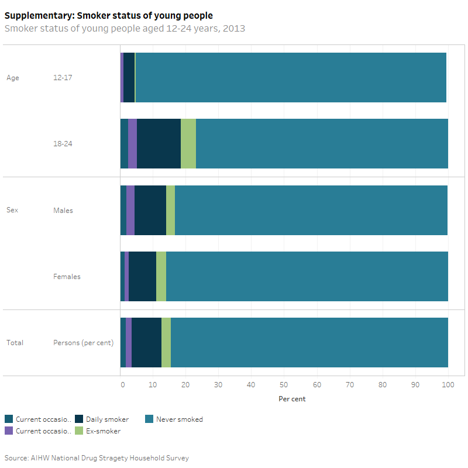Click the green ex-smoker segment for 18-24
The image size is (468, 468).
pos(188,143)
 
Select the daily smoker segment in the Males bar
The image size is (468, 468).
pos(150,210)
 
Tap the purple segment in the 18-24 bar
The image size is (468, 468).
pos(132,143)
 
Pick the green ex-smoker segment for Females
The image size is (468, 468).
pos(161,276)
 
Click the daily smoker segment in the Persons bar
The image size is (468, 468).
pos(146,342)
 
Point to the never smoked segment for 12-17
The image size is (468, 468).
pos(291,77)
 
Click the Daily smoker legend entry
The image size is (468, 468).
pos(107,419)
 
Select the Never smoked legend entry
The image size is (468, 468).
pos(179,419)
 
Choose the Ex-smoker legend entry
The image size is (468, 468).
pos(103,431)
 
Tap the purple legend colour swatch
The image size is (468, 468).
pos(9,431)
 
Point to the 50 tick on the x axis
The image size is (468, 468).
pos(284,384)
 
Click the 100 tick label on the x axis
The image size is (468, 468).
pos(448,384)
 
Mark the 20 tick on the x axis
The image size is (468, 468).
pos(186,384)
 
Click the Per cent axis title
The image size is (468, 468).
pos(292,399)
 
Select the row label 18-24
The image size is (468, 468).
pos(63,143)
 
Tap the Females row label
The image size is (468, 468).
pos(67,276)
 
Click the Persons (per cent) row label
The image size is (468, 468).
pos(83,342)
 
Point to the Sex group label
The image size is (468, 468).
pos(13,210)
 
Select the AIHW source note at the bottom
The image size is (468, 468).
pos(97,457)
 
